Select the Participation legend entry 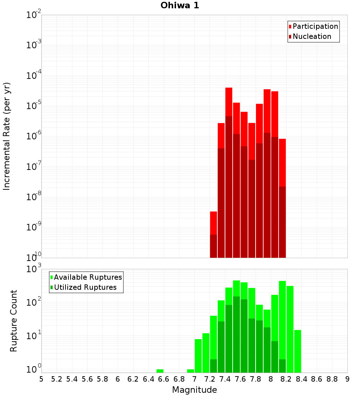coord(315,26)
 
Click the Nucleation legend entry coord(311,36)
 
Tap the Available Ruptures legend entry coord(87,277)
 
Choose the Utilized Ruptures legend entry coord(85,287)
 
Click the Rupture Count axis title coord(14,321)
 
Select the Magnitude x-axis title coord(194,390)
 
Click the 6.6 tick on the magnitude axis coord(164,379)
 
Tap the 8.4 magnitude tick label coord(302,379)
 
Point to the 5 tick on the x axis coord(41,379)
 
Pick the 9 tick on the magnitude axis coord(347,379)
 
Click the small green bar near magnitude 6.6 coord(160,371)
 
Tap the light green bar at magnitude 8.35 coord(298,351)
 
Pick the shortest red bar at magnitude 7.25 coord(213,223)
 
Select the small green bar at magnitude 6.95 coord(190,371)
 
